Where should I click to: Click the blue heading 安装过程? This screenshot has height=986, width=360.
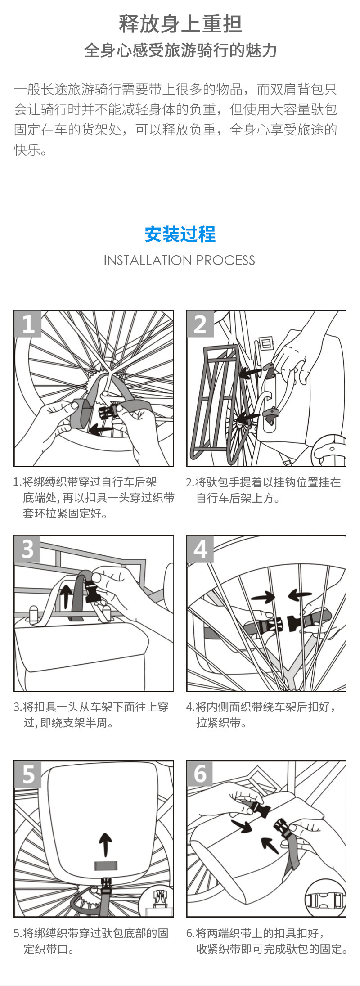coord(180,234)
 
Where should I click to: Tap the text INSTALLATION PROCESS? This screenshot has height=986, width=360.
coord(180,260)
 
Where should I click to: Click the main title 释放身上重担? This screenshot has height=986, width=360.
coord(180,24)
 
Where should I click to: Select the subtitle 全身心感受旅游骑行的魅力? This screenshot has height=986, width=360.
coord(180,50)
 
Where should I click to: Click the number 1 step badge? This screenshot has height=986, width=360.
coord(28,324)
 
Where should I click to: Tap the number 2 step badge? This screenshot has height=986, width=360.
coord(200,324)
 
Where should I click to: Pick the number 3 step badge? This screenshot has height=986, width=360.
coord(28,549)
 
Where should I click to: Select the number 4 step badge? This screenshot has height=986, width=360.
coord(200,549)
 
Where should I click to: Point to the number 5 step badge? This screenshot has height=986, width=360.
coord(28,774)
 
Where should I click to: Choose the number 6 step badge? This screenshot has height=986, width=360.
coord(200,774)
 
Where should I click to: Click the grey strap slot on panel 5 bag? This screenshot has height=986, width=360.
coord(105,865)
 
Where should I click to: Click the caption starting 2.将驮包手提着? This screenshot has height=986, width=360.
coord(263,490)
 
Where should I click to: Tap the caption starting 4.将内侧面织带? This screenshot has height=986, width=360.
coord(261,715)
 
